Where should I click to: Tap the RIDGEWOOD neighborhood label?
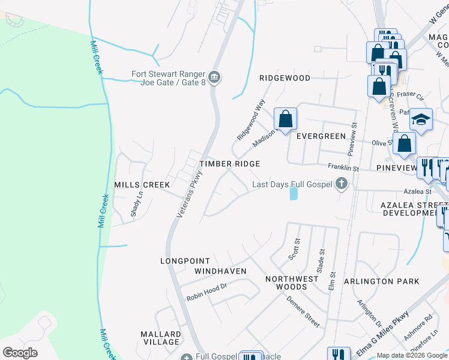click(285, 78)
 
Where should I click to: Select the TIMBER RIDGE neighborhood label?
click(230, 164)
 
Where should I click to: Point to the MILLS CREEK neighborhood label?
click(142, 185)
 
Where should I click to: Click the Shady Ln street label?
click(136, 204)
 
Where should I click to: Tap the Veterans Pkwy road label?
click(188, 195)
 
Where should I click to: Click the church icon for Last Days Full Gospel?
click(342, 184)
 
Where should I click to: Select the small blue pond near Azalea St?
click(293, 194)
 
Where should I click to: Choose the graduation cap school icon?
click(421, 119)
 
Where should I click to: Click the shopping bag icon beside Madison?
click(285, 119)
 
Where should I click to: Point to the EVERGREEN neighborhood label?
click(321, 136)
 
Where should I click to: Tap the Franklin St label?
click(342, 168)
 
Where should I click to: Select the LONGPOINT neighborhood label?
click(185, 261)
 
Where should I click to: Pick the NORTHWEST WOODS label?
click(292, 283)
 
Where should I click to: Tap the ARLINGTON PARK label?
click(377, 281)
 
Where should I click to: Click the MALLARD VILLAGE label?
click(160, 338)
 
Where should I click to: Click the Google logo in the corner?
click(20, 352)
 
